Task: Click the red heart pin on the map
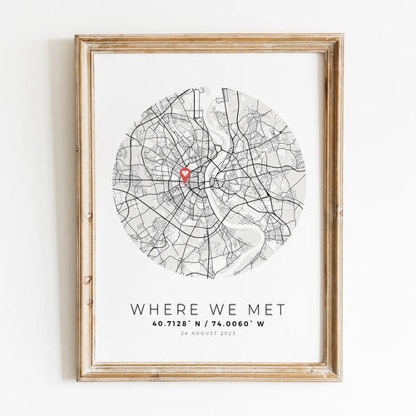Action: pos(185,175)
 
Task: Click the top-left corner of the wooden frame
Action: pos(77,37)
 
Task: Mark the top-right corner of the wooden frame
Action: pos(340,37)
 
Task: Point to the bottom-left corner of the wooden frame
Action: pos(77,379)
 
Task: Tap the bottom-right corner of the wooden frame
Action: pos(340,379)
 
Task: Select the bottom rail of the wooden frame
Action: pos(208,372)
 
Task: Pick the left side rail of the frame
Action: pos(84,208)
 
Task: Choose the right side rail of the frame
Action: pos(333,208)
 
